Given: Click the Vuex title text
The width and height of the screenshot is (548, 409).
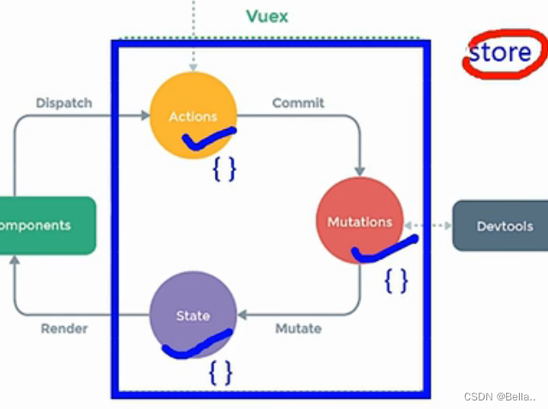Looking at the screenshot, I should coord(267,16).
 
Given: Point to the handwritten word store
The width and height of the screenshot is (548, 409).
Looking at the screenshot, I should coord(499,52).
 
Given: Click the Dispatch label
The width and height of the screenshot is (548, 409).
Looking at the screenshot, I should coord(64,103).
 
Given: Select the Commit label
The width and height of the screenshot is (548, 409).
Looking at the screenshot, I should coord(298,103).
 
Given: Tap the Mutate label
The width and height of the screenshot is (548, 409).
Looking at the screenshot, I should coord(298,328).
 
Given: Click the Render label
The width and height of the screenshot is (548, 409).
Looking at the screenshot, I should coord(64,328).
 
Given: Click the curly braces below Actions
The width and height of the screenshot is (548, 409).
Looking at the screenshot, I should coord(223,169).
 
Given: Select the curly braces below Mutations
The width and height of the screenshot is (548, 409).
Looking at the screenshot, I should coord(396,280).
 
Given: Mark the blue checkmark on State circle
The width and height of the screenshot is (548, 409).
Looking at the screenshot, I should coord(197,345).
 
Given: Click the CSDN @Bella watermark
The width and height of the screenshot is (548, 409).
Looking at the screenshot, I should coord(498,396).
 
